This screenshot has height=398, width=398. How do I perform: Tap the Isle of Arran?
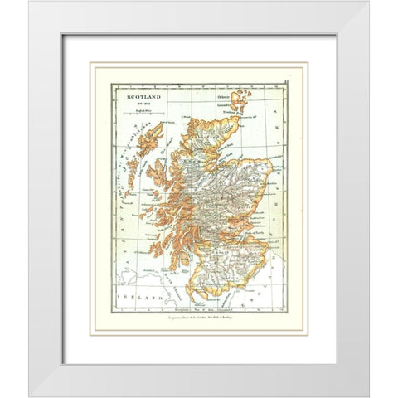(x=187, y=265)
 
